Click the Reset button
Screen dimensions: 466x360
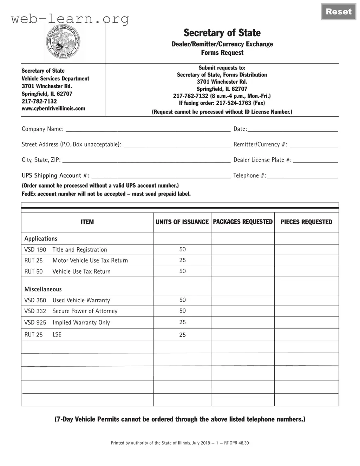click(x=339, y=12)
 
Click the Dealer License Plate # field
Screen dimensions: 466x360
click(x=315, y=160)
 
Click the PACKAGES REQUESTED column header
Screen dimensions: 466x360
click(x=243, y=222)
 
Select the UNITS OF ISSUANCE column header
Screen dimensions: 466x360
click(x=182, y=222)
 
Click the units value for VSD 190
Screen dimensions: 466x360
click(x=182, y=249)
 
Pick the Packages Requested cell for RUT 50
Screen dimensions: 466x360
click(x=243, y=271)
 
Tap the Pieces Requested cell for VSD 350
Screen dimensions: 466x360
click(x=306, y=300)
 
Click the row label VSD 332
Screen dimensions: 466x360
click(x=35, y=311)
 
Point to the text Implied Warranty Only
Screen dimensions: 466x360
click(x=81, y=322)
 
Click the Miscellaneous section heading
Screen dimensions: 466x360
click(x=43, y=289)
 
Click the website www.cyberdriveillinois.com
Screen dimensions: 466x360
click(x=53, y=109)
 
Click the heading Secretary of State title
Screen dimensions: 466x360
click(x=222, y=33)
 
